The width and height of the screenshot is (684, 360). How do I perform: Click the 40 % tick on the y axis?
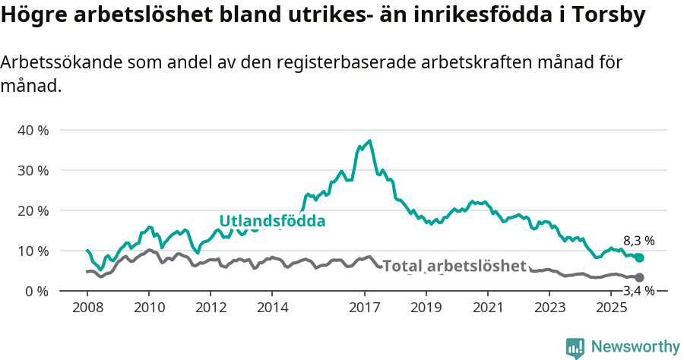point(32,130)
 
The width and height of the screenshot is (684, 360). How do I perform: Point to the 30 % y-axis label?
point(32,170)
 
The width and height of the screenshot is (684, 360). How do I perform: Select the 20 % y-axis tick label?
point(32,210)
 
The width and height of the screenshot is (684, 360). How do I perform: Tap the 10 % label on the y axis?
point(32,251)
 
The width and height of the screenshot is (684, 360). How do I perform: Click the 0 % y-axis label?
point(36,291)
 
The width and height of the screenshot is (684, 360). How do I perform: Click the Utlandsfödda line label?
point(272,221)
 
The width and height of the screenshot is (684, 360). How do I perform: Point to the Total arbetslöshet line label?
point(454,266)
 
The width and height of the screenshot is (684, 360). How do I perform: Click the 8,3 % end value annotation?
point(638,241)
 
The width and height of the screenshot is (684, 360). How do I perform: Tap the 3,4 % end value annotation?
point(638,291)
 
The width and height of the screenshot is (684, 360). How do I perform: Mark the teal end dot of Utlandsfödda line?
point(639,258)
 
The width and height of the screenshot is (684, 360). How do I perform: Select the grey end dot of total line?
point(639,278)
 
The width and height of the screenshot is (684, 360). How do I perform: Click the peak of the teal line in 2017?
point(369,141)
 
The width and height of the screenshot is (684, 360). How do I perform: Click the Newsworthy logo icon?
point(575,348)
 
